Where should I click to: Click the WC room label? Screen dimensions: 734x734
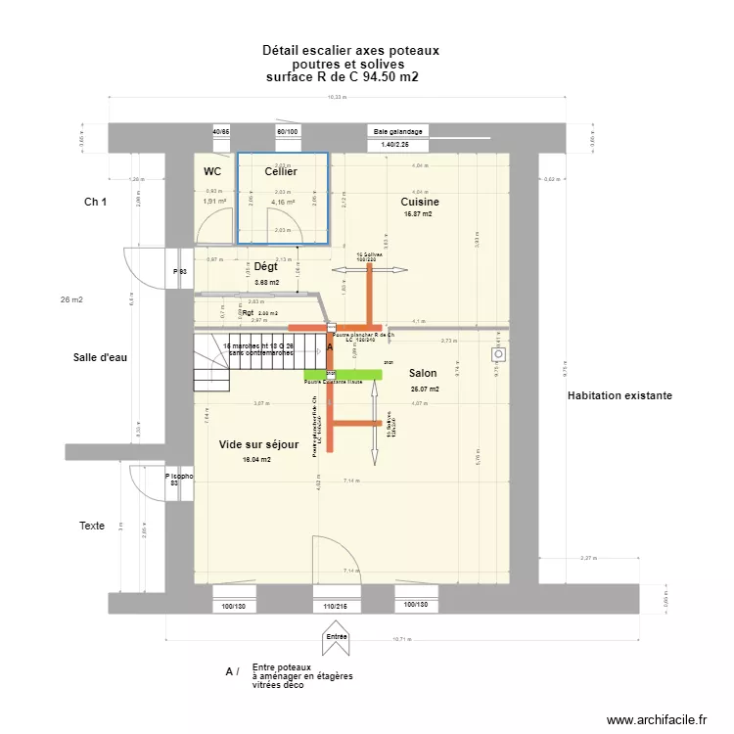coord(212,171)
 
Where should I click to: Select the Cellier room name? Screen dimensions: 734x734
coord(281,171)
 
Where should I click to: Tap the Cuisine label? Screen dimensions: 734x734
coord(420,202)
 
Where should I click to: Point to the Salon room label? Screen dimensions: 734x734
coord(423,373)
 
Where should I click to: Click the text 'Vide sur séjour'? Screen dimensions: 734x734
coord(258,444)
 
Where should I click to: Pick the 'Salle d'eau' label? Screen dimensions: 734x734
coord(100,357)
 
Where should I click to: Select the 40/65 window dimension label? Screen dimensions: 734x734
coord(221,131)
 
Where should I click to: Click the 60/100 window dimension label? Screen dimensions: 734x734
coord(287,131)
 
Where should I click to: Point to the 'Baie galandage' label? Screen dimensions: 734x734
coord(397,131)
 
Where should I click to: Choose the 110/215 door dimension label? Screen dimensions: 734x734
coord(337,607)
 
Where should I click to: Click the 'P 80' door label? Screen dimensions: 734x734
coord(179,271)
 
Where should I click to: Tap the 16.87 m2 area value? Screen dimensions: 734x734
coord(418,213)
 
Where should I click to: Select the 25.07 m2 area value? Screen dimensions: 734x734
coord(424,389)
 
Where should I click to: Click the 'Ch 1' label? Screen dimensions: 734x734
coord(95,202)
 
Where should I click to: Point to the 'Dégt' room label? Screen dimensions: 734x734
coord(265,266)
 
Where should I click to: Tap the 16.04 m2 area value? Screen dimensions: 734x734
coord(256,459)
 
